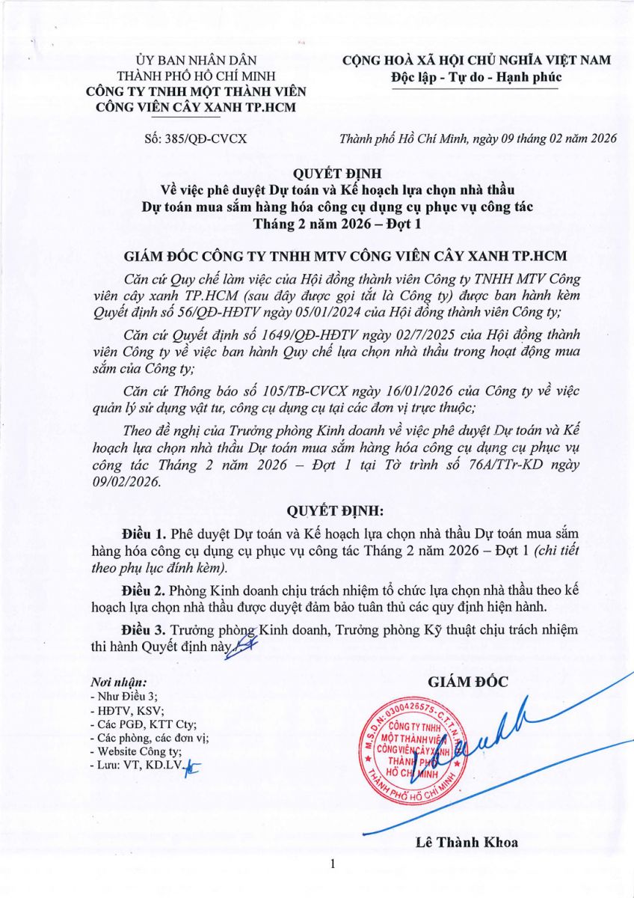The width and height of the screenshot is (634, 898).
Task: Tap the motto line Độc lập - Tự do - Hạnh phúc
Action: click(475, 76)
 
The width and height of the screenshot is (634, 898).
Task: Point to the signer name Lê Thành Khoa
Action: click(467, 842)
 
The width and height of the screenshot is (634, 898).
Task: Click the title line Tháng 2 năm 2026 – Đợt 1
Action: click(316, 222)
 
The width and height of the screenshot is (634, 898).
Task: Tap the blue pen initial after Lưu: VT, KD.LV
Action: click(196, 766)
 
